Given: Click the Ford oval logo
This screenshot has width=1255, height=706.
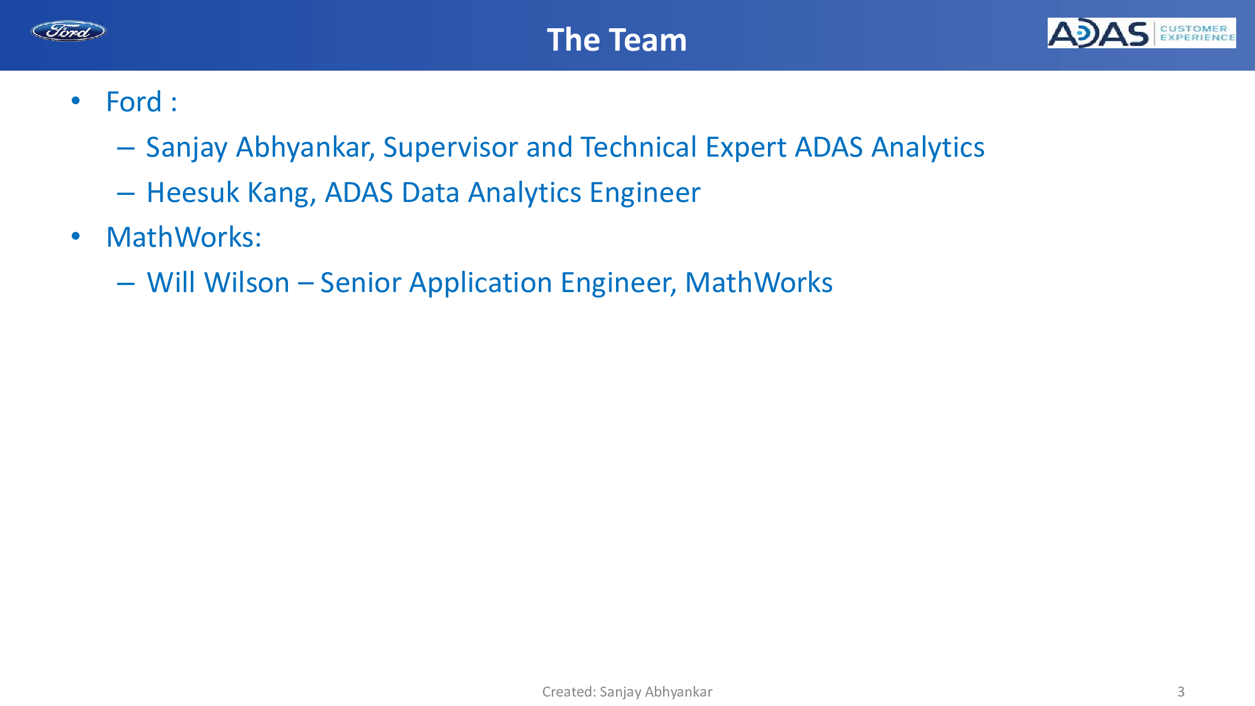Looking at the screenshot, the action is [x=68, y=31].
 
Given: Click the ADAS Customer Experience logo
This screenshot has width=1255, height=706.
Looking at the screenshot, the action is [x=1141, y=33].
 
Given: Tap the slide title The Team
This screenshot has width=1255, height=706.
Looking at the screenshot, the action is [x=617, y=40].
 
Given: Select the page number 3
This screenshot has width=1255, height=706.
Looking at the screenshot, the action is [x=1181, y=691].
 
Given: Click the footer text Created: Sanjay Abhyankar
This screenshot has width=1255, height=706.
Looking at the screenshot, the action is [x=627, y=692].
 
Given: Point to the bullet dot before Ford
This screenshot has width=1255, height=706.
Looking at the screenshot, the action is [x=75, y=101].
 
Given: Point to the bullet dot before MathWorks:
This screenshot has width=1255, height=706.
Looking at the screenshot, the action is [x=75, y=236].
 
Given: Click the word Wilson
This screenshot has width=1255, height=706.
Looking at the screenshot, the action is [x=247, y=283].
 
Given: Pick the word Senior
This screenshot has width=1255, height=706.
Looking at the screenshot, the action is [x=360, y=283].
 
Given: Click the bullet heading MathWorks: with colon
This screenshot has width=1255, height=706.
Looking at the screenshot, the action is [x=184, y=237].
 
